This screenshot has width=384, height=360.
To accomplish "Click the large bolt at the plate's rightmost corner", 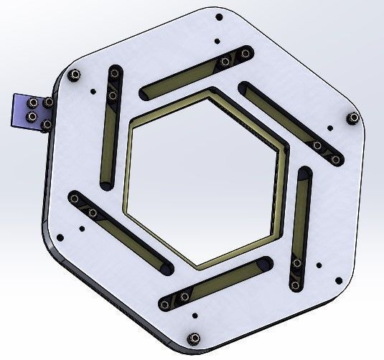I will [x=352, y=118].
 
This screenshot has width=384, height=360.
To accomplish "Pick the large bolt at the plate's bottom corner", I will [x=192, y=339].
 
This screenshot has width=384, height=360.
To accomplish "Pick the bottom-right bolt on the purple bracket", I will [x=47, y=125].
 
